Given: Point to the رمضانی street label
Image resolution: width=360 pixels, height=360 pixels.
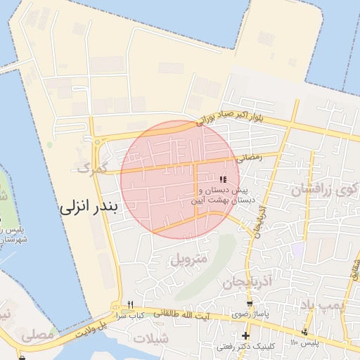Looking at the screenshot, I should pyautogui.click(x=250, y=159).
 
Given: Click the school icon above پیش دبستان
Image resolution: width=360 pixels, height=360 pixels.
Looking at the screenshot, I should pyautogui.click(x=224, y=179).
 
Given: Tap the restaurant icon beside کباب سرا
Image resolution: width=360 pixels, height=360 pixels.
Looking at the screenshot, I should pyautogui.click(x=130, y=305).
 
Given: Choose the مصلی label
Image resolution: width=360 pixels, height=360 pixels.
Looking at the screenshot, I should pyautogui.click(x=39, y=335).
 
